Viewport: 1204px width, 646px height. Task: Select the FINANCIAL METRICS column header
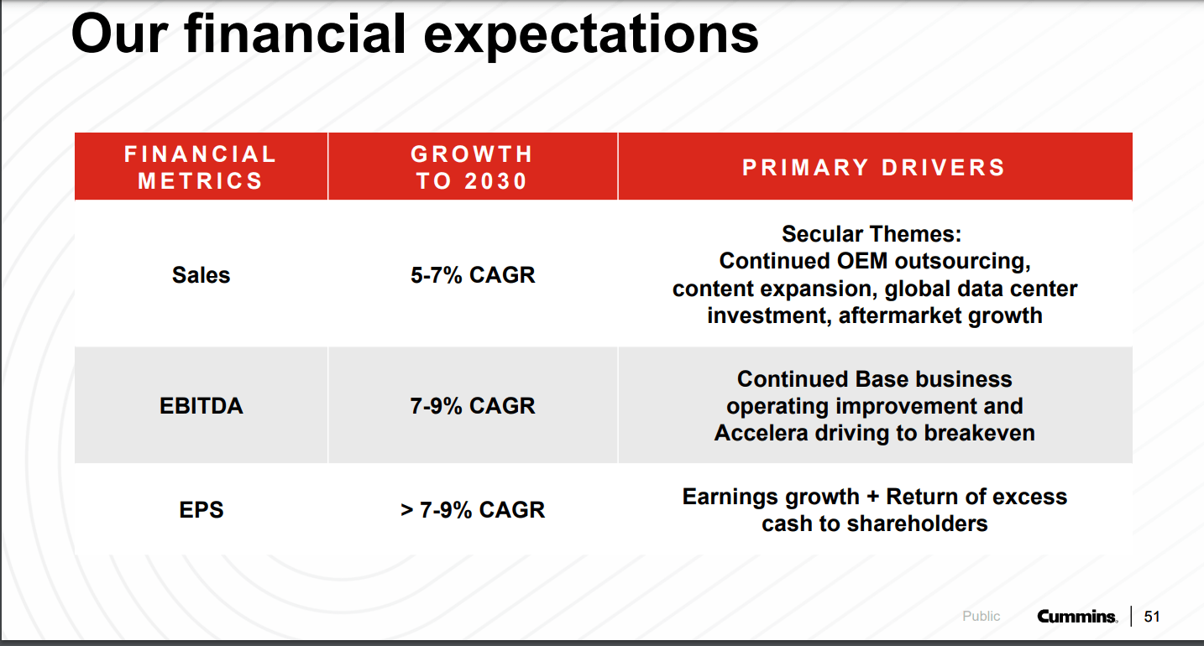coord(201,167)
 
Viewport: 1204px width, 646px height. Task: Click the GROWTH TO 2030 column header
coord(472,167)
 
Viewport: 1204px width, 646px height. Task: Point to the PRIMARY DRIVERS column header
coord(874,167)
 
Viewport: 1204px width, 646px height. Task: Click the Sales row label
coord(201,275)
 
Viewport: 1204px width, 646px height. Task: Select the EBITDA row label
coord(201,406)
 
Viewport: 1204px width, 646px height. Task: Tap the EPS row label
coord(201,510)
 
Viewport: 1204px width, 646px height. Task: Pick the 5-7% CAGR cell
coord(472,275)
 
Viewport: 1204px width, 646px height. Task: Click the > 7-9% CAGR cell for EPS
coord(472,510)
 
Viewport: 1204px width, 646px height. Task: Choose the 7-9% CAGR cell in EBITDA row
coord(472,406)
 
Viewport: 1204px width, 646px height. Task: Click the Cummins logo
coord(1077,617)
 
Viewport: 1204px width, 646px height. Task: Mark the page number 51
coord(1152,617)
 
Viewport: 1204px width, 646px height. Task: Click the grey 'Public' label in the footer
coord(981,617)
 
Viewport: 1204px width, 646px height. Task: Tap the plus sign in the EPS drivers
coord(872,498)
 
